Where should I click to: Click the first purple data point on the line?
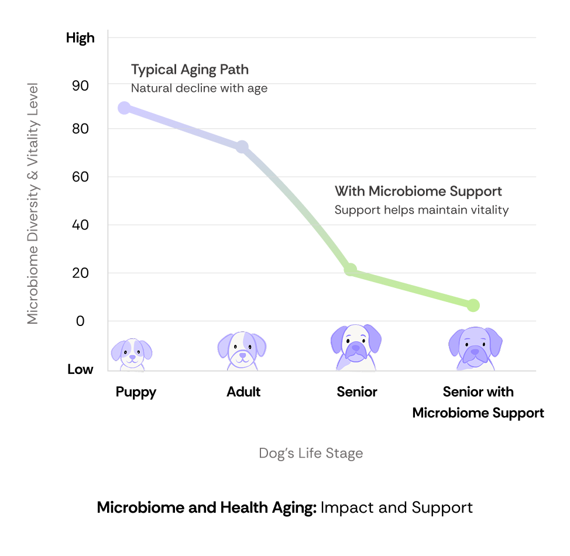pyautogui.click(x=124, y=108)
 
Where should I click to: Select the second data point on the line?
pyautogui.click(x=242, y=146)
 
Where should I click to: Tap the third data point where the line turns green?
pyautogui.click(x=350, y=269)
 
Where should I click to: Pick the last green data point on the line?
pyautogui.click(x=473, y=305)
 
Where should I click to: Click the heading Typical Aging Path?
pyautogui.click(x=190, y=70)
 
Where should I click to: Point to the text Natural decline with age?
pyautogui.click(x=199, y=88)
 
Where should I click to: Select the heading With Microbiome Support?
pyautogui.click(x=418, y=191)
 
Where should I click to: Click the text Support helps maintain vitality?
pyautogui.click(x=421, y=210)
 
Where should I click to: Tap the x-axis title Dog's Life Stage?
pyautogui.click(x=311, y=454)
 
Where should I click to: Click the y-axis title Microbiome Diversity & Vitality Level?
pyautogui.click(x=33, y=203)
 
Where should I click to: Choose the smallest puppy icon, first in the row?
pyautogui.click(x=132, y=353)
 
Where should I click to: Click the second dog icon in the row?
pyautogui.click(x=242, y=351)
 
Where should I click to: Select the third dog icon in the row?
pyautogui.click(x=356, y=347)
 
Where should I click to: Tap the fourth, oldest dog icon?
pyautogui.click(x=475, y=348)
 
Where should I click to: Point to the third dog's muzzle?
pyautogui.click(x=356, y=351)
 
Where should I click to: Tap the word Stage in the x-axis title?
pyautogui.click(x=346, y=454)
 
